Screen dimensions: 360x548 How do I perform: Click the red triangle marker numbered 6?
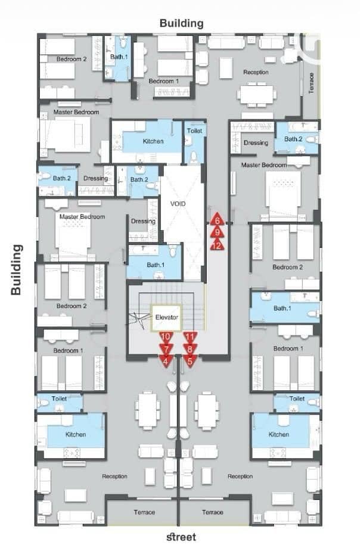coord(218,219)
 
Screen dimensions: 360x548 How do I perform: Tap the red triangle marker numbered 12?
coord(218,245)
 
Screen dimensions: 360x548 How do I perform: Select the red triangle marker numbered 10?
coord(166,337)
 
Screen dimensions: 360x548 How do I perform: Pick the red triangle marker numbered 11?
coord(190,337)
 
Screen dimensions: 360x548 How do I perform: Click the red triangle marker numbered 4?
coord(166,360)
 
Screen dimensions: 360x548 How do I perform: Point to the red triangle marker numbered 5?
coord(190,360)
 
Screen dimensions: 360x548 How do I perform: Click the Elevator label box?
coord(166,317)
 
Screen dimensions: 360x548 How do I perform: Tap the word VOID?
coord(178,203)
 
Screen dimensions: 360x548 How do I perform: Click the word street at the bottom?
coord(181,537)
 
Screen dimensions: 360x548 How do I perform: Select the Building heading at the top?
coord(181,23)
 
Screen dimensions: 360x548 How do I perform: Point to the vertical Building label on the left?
coord(16,269)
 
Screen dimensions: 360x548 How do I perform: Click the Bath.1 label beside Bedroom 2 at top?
coord(119,57)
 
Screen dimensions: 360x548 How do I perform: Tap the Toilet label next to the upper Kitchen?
coord(194,130)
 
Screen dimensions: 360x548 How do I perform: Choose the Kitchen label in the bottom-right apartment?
coord(279,434)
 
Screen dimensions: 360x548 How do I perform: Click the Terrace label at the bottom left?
coord(144,512)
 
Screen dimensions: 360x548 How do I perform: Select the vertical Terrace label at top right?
coord(311,83)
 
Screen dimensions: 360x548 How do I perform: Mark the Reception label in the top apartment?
coord(256,72)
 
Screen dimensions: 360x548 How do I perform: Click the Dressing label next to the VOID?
coord(143,221)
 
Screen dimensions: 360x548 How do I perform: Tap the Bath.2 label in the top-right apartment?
coord(293,139)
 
